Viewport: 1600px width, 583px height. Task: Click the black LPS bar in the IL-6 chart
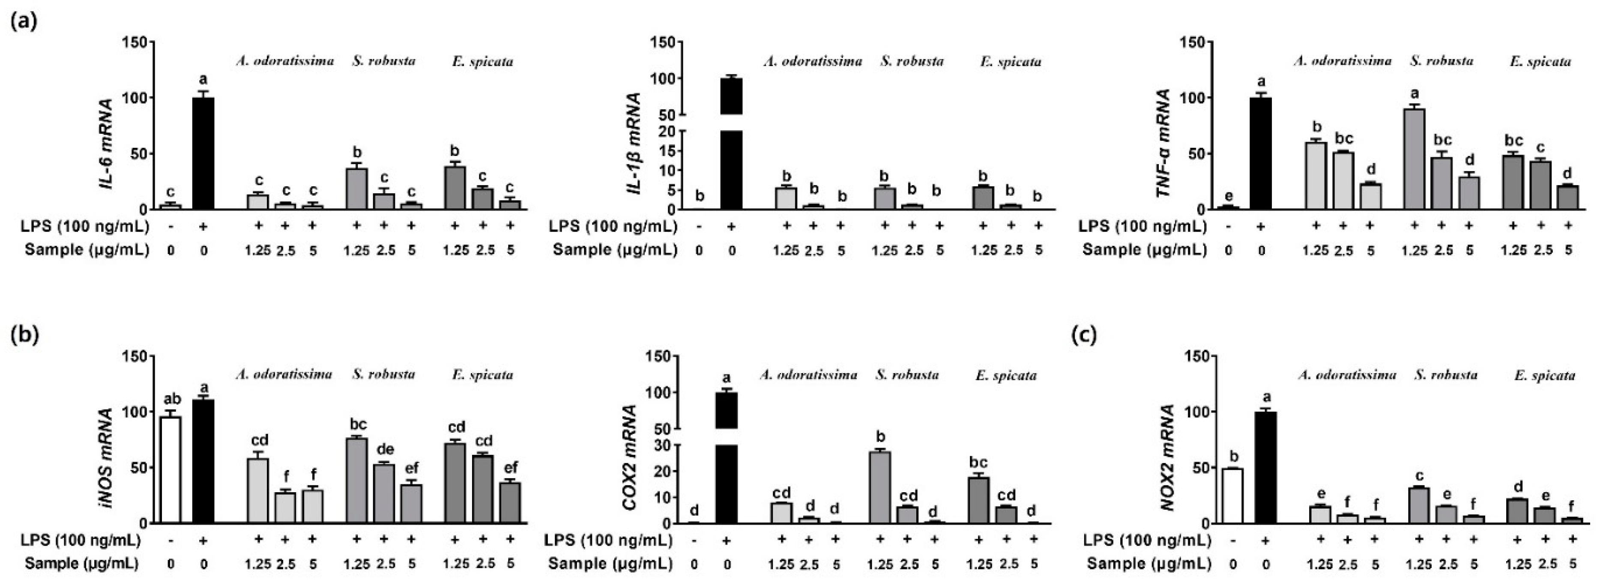click(x=203, y=153)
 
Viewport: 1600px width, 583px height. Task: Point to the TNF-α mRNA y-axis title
click(x=1164, y=143)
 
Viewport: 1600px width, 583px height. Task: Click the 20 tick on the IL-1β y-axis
click(x=667, y=132)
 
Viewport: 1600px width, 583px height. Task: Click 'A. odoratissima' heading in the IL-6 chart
click(x=284, y=61)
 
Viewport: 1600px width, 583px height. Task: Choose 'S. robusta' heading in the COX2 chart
click(x=907, y=375)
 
